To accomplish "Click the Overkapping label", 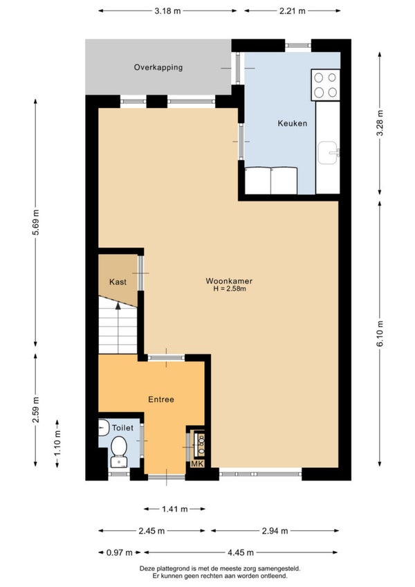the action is [x=158, y=67].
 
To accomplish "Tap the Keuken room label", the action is [x=293, y=123].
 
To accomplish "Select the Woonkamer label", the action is [x=229, y=281].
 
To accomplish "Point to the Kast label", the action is [x=118, y=282].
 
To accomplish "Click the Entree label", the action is [x=161, y=399].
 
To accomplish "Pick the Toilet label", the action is [x=122, y=428].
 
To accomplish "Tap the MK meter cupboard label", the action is [x=197, y=464].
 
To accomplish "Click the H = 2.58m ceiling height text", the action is [x=230, y=289].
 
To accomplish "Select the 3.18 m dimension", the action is [x=167, y=11].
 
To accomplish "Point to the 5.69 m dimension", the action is [x=35, y=222].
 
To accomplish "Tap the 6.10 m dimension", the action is [x=380, y=334].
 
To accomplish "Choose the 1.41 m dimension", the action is [x=175, y=509].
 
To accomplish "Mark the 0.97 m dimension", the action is [x=120, y=552].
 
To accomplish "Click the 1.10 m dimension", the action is [x=57, y=443].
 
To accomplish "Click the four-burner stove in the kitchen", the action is [x=325, y=85].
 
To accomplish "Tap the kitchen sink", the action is [x=329, y=153].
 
